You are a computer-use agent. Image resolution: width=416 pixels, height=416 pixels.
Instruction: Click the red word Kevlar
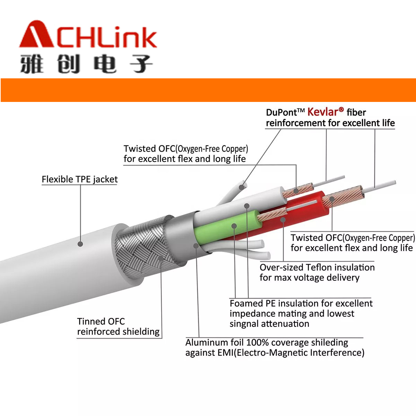click(323, 112)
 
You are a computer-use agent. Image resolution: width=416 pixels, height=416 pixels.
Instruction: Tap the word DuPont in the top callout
click(281, 112)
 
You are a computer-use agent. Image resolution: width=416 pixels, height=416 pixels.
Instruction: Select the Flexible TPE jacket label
click(80, 179)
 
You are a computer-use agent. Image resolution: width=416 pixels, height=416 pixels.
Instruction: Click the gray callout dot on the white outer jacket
click(80, 244)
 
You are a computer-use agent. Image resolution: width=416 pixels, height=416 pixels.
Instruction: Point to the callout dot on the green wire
click(234, 226)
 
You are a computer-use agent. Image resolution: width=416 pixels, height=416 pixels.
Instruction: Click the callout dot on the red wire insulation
click(283, 220)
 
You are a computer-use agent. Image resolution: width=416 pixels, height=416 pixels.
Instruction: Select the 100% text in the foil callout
click(257, 343)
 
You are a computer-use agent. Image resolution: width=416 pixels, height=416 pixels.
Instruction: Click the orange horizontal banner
click(208, 90)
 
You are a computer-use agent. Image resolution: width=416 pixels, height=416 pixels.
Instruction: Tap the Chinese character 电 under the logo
click(105, 64)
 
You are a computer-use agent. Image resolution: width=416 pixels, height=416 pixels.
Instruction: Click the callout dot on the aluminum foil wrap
click(196, 246)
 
